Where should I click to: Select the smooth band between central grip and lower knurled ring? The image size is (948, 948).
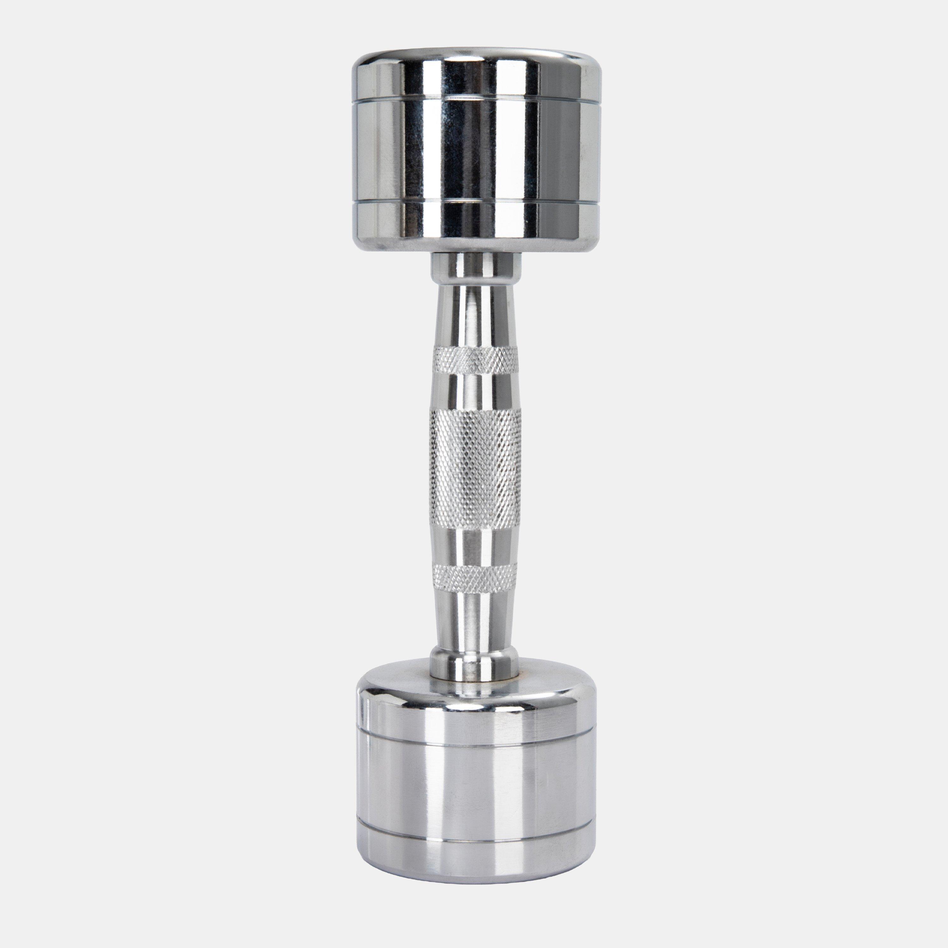point(475,545)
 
